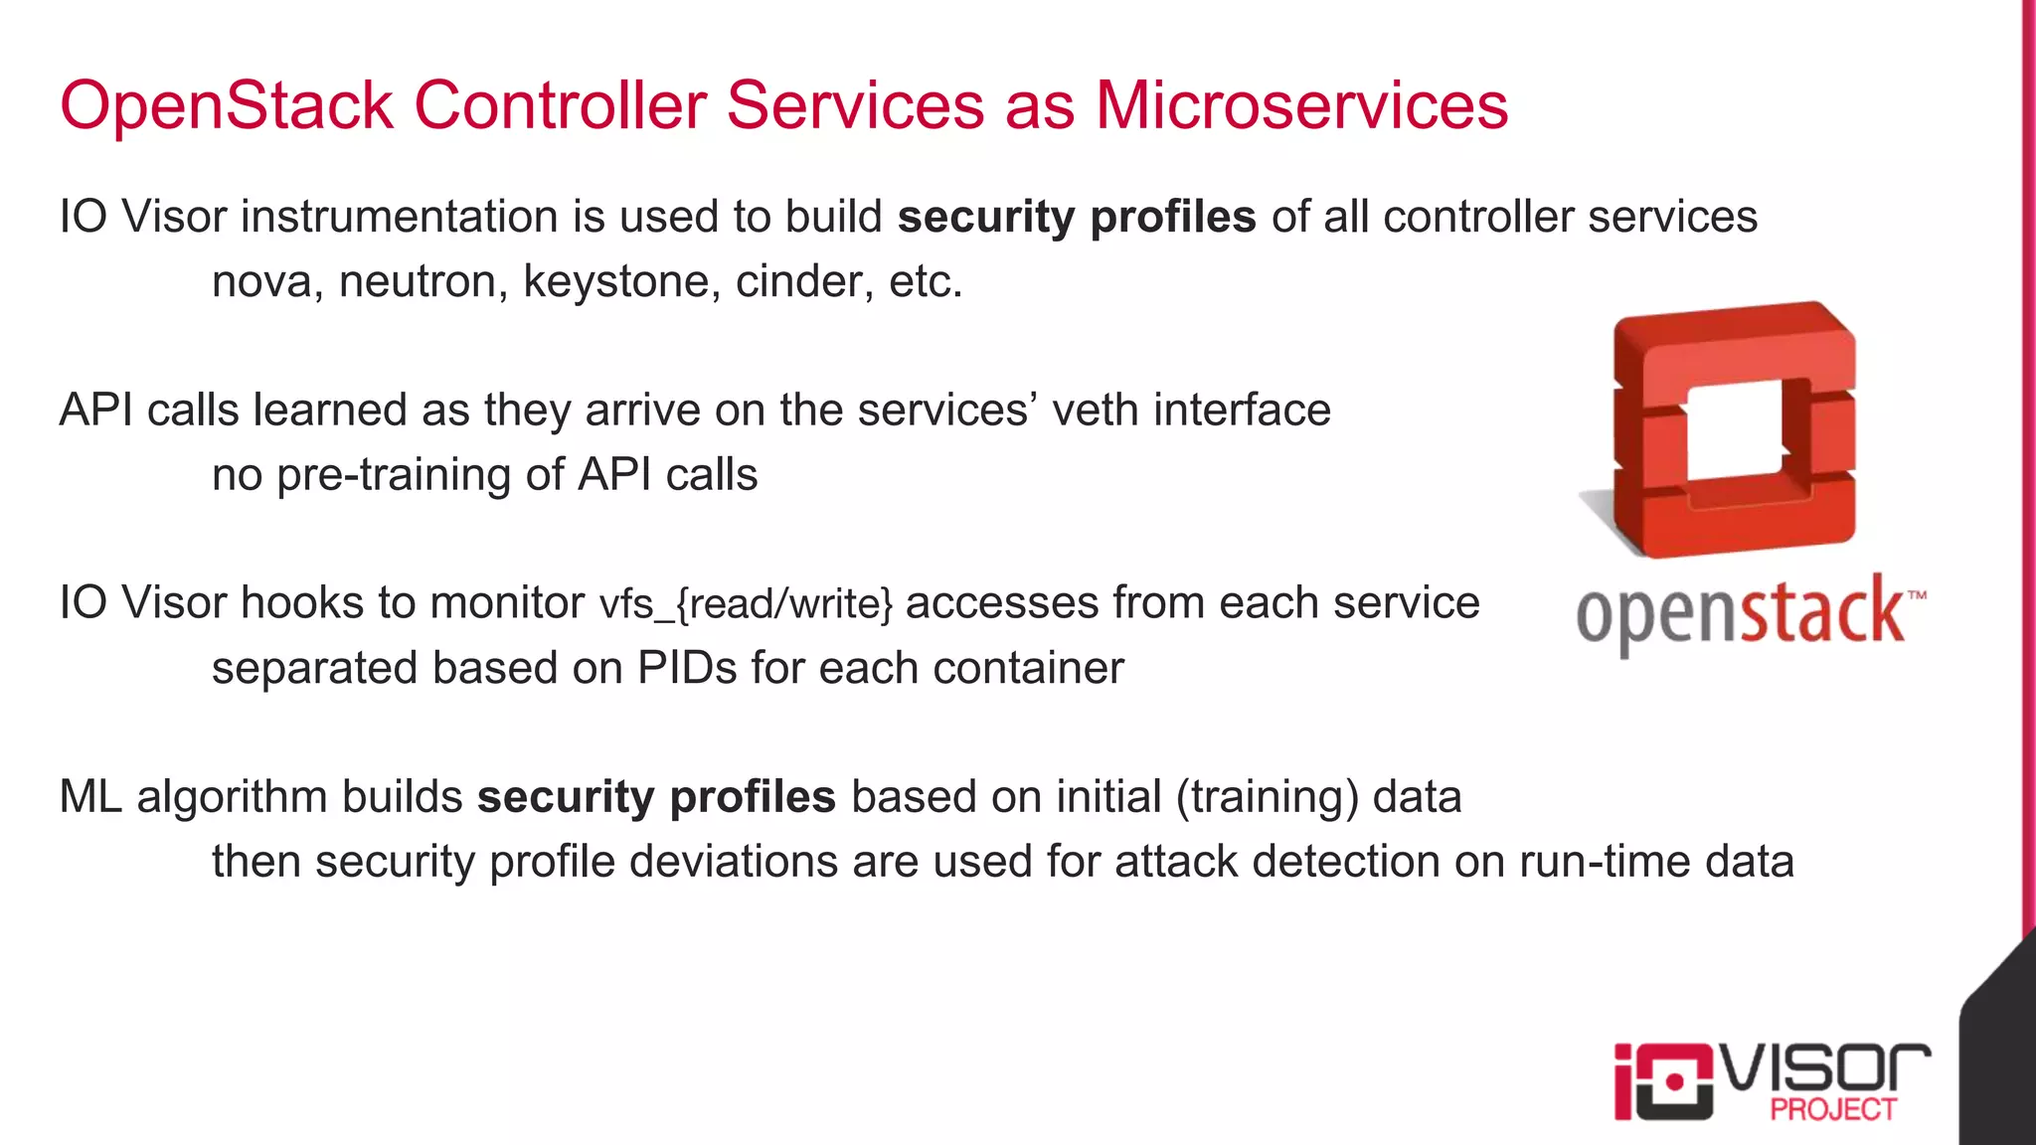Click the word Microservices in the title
coord(1301,105)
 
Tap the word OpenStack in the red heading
coord(227,105)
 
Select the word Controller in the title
coord(560,105)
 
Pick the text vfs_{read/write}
coord(746,604)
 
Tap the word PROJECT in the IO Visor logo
coord(1832,1109)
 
